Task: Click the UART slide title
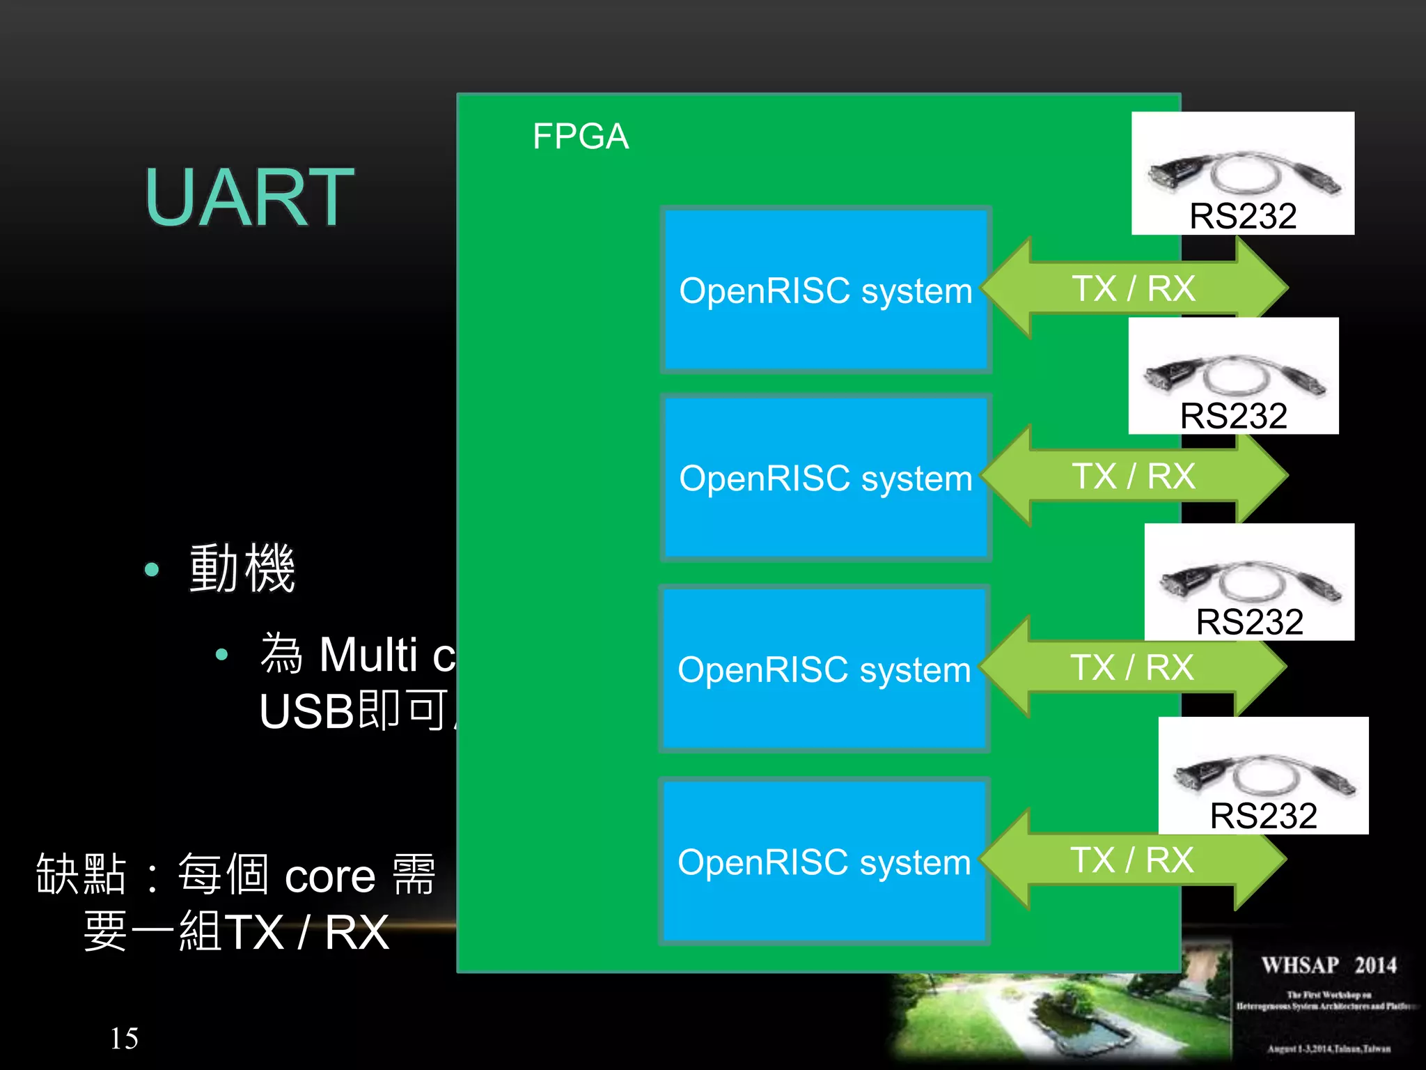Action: (x=249, y=198)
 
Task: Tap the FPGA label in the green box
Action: (x=580, y=136)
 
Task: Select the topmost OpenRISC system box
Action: (x=826, y=290)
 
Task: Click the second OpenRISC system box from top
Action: (x=826, y=478)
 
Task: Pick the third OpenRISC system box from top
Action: (x=824, y=669)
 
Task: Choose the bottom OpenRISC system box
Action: (x=824, y=861)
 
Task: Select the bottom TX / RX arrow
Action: (x=1132, y=860)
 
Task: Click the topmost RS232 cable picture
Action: (x=1243, y=173)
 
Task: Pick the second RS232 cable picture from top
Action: (x=1233, y=375)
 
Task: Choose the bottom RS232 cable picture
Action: (x=1263, y=775)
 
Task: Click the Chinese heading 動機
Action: (x=242, y=568)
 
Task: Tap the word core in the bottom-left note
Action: (x=330, y=876)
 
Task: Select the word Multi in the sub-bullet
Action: (x=368, y=655)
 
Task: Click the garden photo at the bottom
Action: (x=1058, y=1010)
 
